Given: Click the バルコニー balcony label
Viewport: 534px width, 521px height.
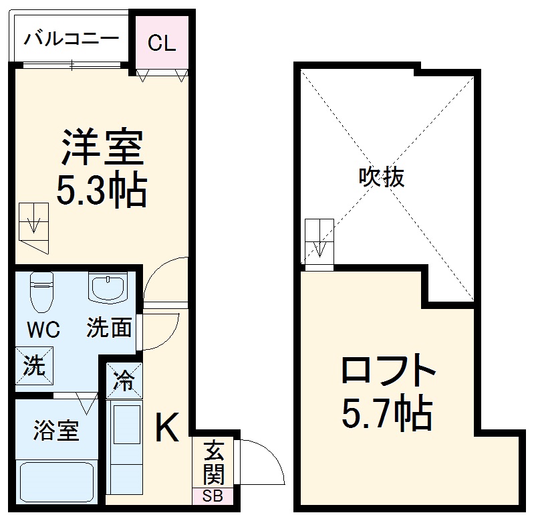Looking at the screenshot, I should pos(71,39).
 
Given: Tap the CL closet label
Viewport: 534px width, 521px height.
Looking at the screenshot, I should pos(161,43).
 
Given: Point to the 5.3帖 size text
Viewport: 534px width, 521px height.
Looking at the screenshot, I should pos(102,191).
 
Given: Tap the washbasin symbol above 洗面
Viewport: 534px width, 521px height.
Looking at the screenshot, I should pos(107,290).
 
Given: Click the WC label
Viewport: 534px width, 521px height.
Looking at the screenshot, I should pos(43,330).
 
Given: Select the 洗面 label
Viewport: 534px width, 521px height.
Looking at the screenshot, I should pos(108,328).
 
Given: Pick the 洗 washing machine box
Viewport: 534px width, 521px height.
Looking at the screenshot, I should pos(34,366).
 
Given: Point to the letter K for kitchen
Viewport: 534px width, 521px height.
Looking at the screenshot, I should pos(166,428).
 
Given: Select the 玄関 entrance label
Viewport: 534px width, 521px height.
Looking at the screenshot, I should pos(213,461).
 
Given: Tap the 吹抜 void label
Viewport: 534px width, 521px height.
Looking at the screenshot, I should pos(382,177).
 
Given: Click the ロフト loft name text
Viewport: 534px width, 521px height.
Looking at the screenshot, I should pos(388,372).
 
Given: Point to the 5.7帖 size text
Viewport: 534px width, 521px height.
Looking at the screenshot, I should pos(387,414).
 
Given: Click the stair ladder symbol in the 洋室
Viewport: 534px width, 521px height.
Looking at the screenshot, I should pos(34,225).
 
